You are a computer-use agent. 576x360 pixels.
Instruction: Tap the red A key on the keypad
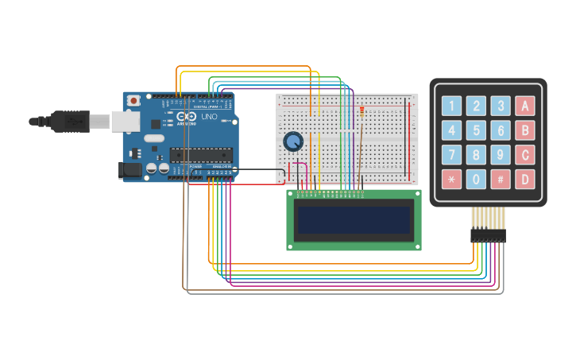point(524,106)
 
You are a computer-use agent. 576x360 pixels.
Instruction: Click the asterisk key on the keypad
point(451,179)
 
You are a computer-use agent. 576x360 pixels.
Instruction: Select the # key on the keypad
point(500,179)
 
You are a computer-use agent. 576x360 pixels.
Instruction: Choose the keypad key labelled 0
point(476,179)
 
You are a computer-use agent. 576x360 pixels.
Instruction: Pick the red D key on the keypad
point(524,179)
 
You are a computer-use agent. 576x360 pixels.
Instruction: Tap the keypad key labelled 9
point(500,154)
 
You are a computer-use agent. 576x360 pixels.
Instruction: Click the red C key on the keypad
point(524,154)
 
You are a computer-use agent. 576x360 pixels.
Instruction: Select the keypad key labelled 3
point(500,106)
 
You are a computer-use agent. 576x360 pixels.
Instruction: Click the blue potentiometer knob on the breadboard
point(293,141)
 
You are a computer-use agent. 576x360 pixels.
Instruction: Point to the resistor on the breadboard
point(361,112)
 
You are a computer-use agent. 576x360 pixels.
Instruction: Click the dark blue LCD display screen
point(354,220)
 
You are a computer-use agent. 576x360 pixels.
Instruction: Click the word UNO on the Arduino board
point(209,117)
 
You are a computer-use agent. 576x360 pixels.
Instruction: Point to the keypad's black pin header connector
point(488,235)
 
